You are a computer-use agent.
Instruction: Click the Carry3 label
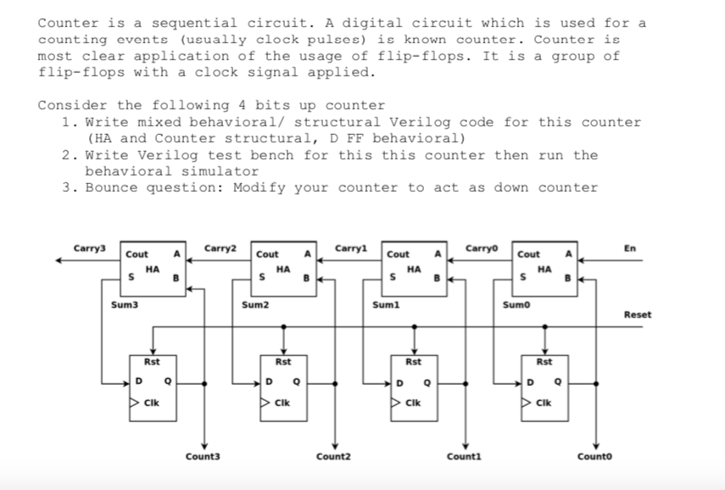tap(90, 248)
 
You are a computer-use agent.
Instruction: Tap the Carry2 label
tap(220, 248)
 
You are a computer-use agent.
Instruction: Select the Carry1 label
tap(351, 248)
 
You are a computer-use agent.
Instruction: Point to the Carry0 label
tap(482, 248)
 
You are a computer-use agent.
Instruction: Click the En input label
tap(628, 248)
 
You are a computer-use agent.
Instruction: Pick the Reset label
tap(638, 315)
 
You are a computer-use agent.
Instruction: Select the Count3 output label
tap(203, 457)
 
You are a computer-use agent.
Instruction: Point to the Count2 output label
tap(333, 457)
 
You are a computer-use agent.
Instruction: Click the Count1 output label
tap(465, 457)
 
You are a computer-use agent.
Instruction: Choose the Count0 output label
tap(595, 457)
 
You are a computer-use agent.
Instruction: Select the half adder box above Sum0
tap(545, 265)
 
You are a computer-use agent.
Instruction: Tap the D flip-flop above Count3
tap(153, 385)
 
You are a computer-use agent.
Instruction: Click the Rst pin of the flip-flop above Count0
tap(544, 362)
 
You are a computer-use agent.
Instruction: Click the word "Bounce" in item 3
tap(111, 187)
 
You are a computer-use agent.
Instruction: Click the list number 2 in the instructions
tap(67, 155)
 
